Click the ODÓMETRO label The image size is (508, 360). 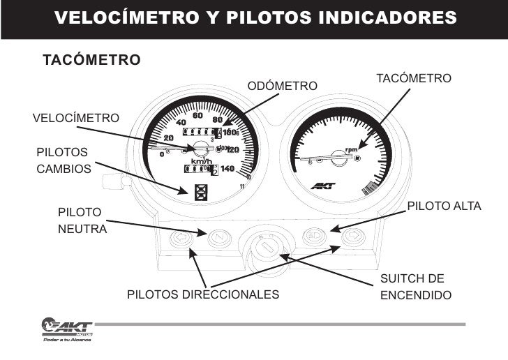[283, 86]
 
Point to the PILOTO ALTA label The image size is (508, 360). [444, 207]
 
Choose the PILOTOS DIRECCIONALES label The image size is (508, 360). [202, 295]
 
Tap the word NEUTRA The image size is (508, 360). [82, 229]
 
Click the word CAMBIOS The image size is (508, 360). [63, 169]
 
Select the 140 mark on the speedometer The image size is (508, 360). [227, 168]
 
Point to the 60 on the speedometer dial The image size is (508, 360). [197, 115]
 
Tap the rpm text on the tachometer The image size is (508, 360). [351, 149]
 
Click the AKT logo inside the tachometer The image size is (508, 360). [323, 185]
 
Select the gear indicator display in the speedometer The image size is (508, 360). [202, 191]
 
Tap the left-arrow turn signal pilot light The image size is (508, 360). [179, 239]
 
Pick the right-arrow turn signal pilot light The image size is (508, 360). [353, 238]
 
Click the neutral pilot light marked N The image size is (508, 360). [219, 239]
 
